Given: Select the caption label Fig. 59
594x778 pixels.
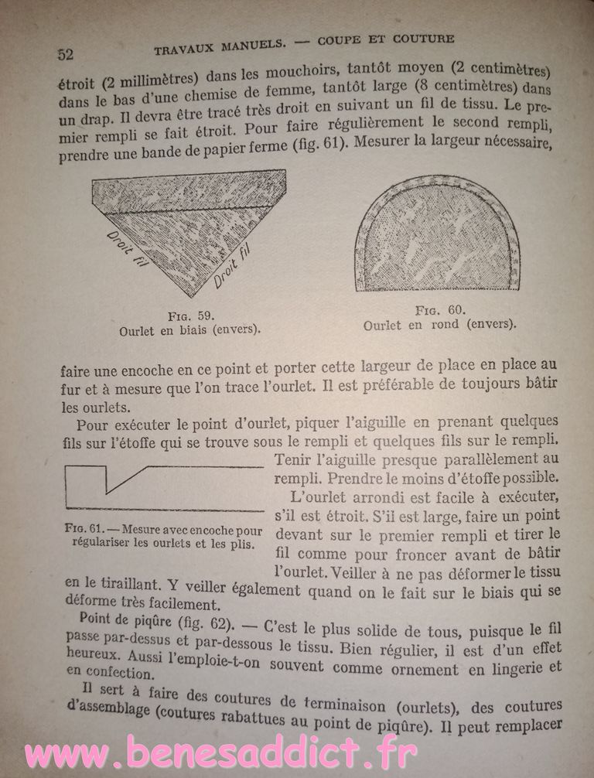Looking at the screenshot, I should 189,316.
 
